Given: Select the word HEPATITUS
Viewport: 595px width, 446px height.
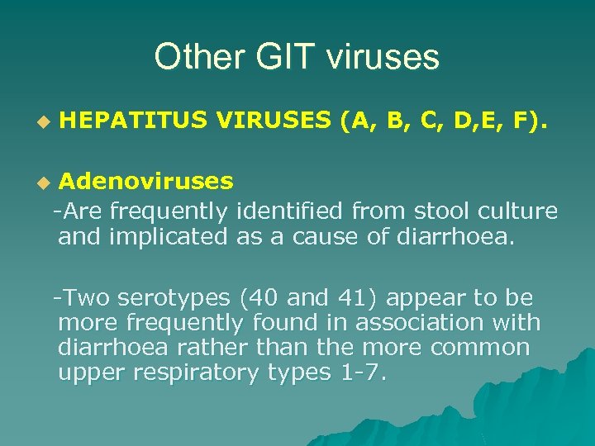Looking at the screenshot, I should click(x=132, y=121).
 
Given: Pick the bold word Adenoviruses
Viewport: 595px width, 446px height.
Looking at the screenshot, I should click(x=145, y=180).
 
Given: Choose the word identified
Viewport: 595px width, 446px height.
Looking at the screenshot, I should click(x=289, y=211).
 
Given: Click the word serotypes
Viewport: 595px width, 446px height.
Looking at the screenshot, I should click(x=176, y=297).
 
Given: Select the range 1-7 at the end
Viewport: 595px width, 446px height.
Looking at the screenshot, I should click(x=360, y=372).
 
